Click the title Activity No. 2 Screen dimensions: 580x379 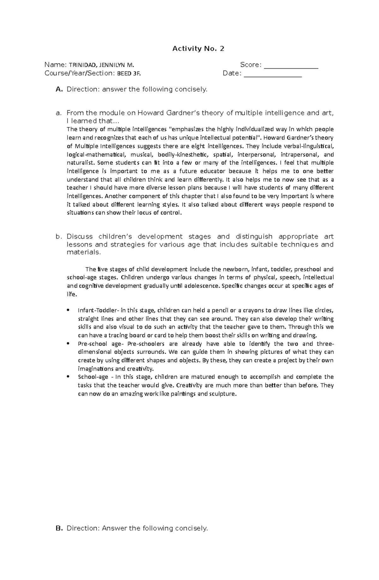click(198, 49)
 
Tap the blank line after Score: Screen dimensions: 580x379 click(291, 65)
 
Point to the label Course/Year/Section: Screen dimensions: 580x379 click(80, 73)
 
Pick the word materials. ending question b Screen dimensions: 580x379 click(84, 252)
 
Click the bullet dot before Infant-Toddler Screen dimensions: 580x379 click(69, 310)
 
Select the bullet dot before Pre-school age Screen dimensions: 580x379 click(69, 344)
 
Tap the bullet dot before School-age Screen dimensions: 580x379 click(69, 377)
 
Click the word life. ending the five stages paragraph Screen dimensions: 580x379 click(72, 294)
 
